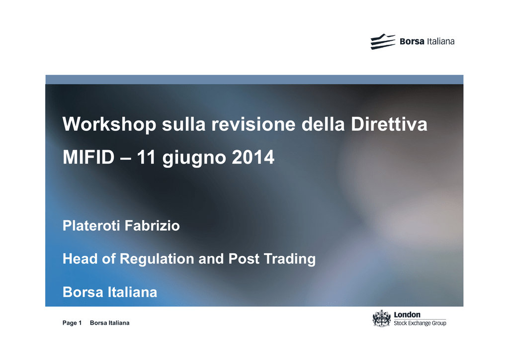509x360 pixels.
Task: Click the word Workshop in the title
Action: pos(109,125)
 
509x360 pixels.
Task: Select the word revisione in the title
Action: pos(254,124)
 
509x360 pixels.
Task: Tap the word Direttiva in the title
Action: pos(389,124)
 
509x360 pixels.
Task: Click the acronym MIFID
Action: pos(88,158)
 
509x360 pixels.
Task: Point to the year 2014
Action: pos(253,158)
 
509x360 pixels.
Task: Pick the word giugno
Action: pos(194,159)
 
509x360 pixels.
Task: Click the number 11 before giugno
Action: pos(146,158)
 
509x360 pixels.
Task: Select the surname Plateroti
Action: pos(90,226)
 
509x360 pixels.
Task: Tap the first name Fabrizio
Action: pos(152,226)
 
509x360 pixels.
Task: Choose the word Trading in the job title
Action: pos(290,259)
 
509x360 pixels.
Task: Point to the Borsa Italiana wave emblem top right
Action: pos(383,42)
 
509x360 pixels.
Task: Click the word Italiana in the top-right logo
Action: pos(440,42)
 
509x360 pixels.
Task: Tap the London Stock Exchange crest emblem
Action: pos(381,318)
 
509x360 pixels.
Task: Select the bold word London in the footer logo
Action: pos(407,315)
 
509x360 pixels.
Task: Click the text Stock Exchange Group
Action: pos(420,323)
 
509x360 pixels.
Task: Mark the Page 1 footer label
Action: pos(72,323)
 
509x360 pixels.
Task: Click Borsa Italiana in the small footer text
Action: pos(110,323)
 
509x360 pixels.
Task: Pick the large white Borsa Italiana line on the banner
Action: pos(110,292)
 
